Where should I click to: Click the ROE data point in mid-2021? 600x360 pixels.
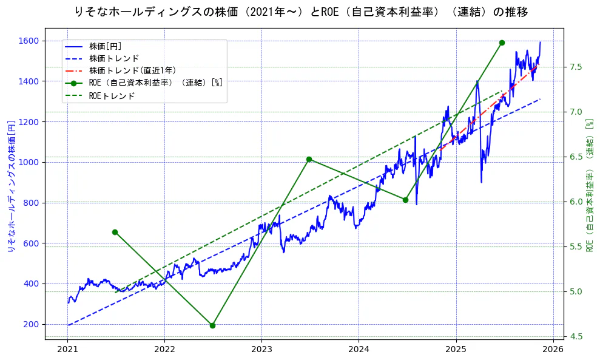pyautogui.click(x=115, y=232)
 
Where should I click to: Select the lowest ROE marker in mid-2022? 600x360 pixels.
pyautogui.click(x=212, y=325)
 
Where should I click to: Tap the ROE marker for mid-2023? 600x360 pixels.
pyautogui.click(x=309, y=159)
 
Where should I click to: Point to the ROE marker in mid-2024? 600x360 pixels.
pyautogui.click(x=405, y=200)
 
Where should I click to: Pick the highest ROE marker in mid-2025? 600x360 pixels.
pyautogui.click(x=502, y=42)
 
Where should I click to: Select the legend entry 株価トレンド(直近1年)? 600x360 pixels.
pyautogui.click(x=132, y=70)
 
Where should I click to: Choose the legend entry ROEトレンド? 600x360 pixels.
pyautogui.click(x=112, y=96)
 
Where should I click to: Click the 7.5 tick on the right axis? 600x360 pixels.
pyautogui.click(x=575, y=67)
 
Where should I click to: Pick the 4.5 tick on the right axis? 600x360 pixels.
pyautogui.click(x=575, y=337)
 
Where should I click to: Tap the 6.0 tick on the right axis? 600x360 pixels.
pyautogui.click(x=575, y=202)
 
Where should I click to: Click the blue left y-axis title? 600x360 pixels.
pyautogui.click(x=10, y=186)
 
